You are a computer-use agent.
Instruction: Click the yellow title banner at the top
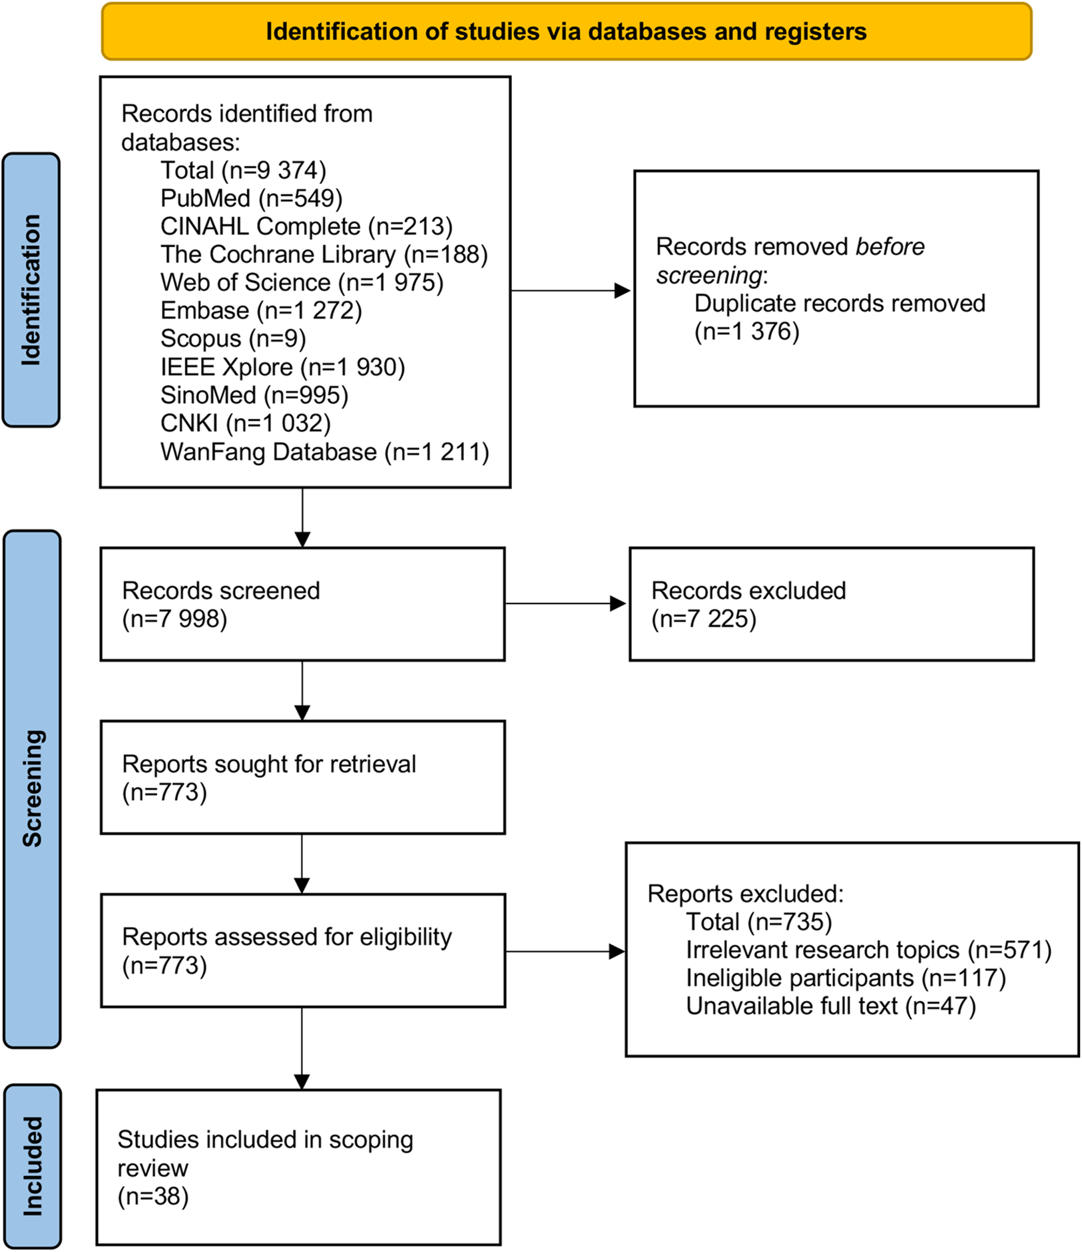coord(566,32)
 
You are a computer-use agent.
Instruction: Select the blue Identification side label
coord(31,290)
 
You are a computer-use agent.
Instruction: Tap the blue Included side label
coord(32,1166)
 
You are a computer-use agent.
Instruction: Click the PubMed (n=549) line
coord(251,198)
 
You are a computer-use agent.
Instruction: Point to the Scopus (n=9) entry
coord(232,339)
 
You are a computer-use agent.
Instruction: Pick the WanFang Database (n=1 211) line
coord(324,452)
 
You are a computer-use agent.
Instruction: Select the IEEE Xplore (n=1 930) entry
coord(282,368)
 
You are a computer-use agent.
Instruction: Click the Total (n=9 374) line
coord(243,170)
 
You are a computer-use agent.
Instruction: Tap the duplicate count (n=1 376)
coord(746,332)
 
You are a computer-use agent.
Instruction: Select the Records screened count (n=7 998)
coord(174,619)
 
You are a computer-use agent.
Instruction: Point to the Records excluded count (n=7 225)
coord(703,619)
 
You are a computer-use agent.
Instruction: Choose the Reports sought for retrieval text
coord(268,765)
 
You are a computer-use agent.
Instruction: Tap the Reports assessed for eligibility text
coord(286,938)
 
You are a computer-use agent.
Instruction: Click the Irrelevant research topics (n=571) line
coord(868,950)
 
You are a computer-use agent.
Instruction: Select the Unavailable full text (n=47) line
coord(830,1006)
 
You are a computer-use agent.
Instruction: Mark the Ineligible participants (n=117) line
coord(846,978)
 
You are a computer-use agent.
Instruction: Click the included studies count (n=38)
coord(153,1197)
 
